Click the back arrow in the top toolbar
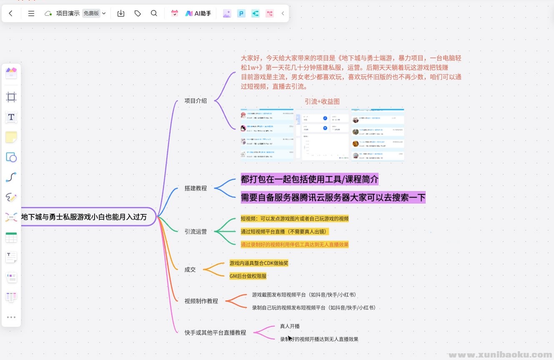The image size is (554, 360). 11,13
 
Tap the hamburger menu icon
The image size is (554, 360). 31,13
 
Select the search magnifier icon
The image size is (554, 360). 154,13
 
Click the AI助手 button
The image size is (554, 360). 198,13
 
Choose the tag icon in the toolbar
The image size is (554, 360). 138,13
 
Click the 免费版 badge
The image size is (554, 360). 91,13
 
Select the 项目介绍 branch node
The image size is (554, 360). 196,101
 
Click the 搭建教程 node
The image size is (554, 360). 196,188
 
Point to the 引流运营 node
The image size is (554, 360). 196,232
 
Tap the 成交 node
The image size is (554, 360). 190,269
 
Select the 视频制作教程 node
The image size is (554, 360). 201,301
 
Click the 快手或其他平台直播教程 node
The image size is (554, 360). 215,332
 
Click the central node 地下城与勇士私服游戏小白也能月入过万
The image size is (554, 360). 84,217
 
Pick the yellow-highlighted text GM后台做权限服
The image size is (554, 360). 248,276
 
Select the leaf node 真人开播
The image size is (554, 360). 290,326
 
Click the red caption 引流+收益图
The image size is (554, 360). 322,101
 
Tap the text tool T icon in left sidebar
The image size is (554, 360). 11,117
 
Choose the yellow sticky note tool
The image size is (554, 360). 11,137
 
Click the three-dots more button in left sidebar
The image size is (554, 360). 11,317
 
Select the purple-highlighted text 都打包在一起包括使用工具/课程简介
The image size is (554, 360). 309,179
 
